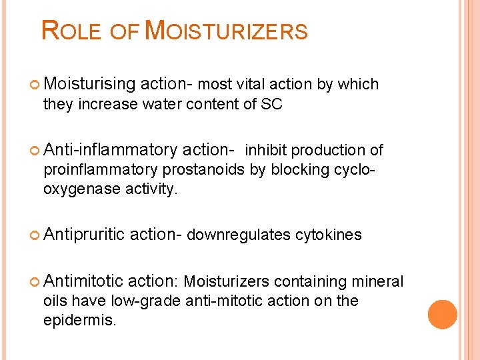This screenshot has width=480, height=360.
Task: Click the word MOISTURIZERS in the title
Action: [x=226, y=31]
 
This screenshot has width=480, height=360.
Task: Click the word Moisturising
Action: [x=89, y=84]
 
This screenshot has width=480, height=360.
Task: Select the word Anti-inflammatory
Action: [x=111, y=151]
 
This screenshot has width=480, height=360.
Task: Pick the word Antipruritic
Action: [x=85, y=235]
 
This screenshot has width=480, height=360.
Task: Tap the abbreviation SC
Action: [x=272, y=104]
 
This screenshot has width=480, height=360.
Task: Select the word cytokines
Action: [x=329, y=235]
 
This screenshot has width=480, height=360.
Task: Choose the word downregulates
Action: [x=239, y=235]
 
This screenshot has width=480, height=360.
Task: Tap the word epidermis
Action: [x=79, y=320]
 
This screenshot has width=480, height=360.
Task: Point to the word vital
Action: [x=250, y=84]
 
